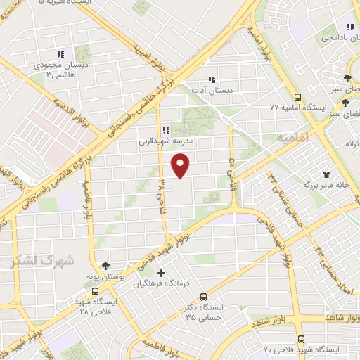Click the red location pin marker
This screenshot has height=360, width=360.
181,165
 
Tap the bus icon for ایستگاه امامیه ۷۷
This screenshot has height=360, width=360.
298,98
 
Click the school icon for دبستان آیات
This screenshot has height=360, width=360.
212,80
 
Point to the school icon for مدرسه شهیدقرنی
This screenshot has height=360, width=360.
166,130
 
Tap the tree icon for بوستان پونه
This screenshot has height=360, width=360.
105,266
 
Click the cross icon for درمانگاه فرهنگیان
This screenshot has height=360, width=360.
162,272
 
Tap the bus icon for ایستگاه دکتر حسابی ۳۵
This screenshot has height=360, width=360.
203,297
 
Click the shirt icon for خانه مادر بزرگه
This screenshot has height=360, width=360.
326,174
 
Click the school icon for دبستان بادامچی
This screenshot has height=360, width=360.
331,27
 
